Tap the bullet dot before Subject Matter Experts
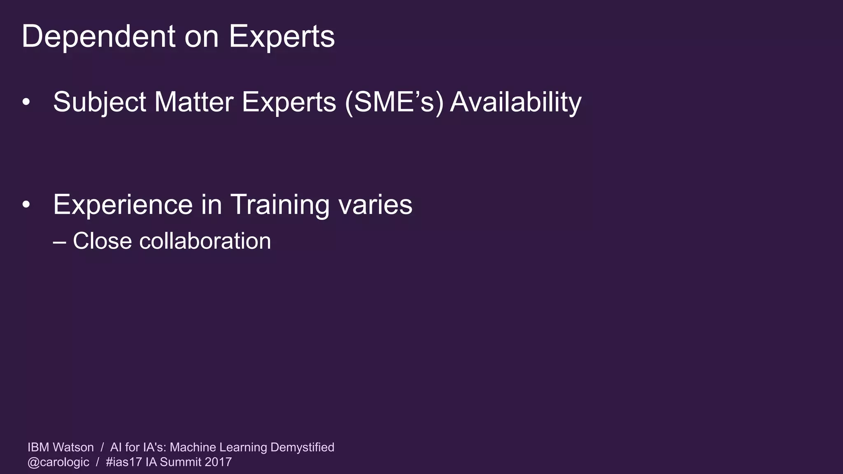tap(26, 102)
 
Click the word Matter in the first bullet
tap(194, 102)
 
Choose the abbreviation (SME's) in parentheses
tap(394, 102)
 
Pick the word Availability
tap(516, 102)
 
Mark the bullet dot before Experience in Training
tap(26, 204)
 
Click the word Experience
tap(123, 204)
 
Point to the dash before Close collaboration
tap(60, 242)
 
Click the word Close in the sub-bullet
tap(102, 241)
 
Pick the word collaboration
tap(205, 241)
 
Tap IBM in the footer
tap(38, 447)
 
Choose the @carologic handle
tap(58, 462)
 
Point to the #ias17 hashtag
tap(124, 462)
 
